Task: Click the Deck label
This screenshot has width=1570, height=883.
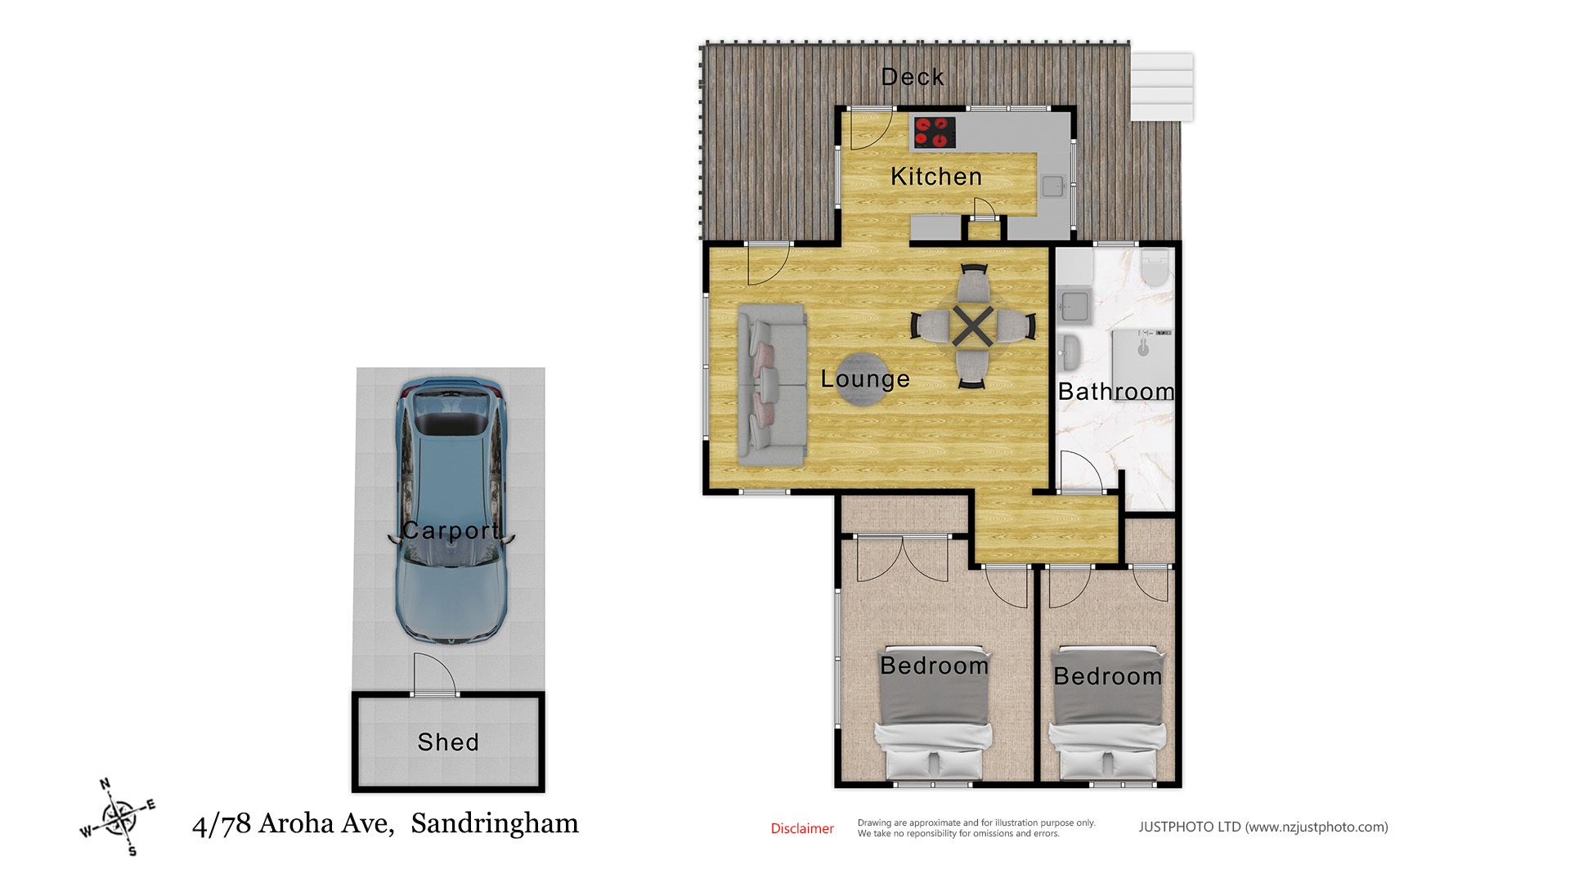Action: [x=913, y=77]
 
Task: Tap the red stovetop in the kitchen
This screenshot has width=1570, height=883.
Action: [x=934, y=132]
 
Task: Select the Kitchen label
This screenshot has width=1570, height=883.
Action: [x=936, y=177]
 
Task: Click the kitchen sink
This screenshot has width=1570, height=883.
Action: [x=1052, y=186]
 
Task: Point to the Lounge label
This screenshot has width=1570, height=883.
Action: [x=865, y=379]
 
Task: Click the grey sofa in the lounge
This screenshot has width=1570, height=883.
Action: [x=772, y=385]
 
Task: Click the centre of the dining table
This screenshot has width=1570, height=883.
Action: [x=972, y=326]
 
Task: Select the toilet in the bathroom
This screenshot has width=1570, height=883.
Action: [x=1155, y=267]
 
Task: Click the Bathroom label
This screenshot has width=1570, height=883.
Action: [x=1116, y=392]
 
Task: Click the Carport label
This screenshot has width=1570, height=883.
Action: [x=451, y=531]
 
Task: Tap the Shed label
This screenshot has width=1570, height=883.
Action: [x=448, y=742]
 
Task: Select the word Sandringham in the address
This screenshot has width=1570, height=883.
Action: [x=495, y=824]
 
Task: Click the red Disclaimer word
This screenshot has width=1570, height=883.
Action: [x=802, y=829]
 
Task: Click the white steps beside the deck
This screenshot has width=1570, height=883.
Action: [x=1162, y=87]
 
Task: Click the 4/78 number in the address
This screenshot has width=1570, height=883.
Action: [x=222, y=824]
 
